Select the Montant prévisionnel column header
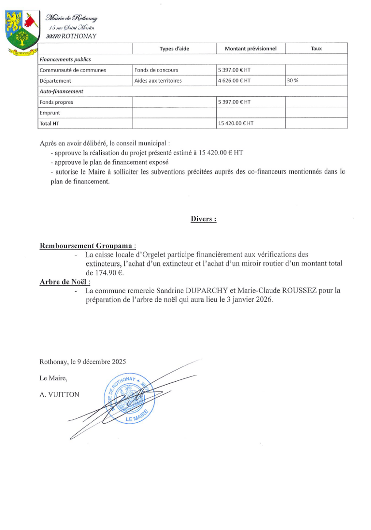(x=251, y=48)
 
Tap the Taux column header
(x=316, y=48)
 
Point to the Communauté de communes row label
(x=73, y=70)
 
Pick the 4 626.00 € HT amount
(x=235, y=81)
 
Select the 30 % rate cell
(x=292, y=81)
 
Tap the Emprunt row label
(x=50, y=113)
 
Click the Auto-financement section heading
(x=61, y=91)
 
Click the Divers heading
(x=203, y=219)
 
